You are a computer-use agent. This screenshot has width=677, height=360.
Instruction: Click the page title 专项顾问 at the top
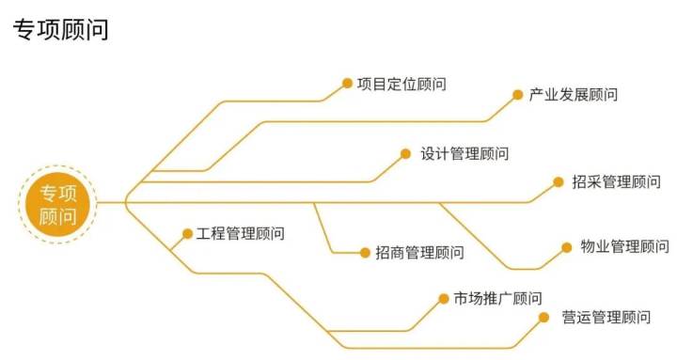point(61,30)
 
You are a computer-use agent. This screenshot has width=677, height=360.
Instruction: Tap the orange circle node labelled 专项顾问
point(57,204)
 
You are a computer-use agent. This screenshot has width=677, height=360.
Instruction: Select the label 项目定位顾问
point(401,85)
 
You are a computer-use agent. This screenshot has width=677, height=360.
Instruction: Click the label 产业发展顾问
point(574,95)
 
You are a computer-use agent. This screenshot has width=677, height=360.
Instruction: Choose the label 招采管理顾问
point(617,181)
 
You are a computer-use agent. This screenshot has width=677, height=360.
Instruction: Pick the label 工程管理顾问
point(240,233)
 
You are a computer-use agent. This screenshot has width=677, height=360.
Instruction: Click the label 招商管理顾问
point(419,252)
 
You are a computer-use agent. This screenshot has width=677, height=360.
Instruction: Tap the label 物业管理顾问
point(624,247)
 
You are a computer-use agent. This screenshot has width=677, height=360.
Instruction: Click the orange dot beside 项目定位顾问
point(347,83)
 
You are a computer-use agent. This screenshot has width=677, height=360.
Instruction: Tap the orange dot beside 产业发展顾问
point(517,94)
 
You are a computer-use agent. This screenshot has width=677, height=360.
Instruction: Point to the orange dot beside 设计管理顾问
point(406,152)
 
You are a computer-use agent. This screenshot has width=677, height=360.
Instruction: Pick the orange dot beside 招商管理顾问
point(365,252)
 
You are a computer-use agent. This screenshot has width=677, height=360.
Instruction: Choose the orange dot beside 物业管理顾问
point(567,247)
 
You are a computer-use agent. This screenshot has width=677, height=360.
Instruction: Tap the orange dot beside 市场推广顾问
point(443,299)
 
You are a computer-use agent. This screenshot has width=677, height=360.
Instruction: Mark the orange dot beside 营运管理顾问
point(544,317)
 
